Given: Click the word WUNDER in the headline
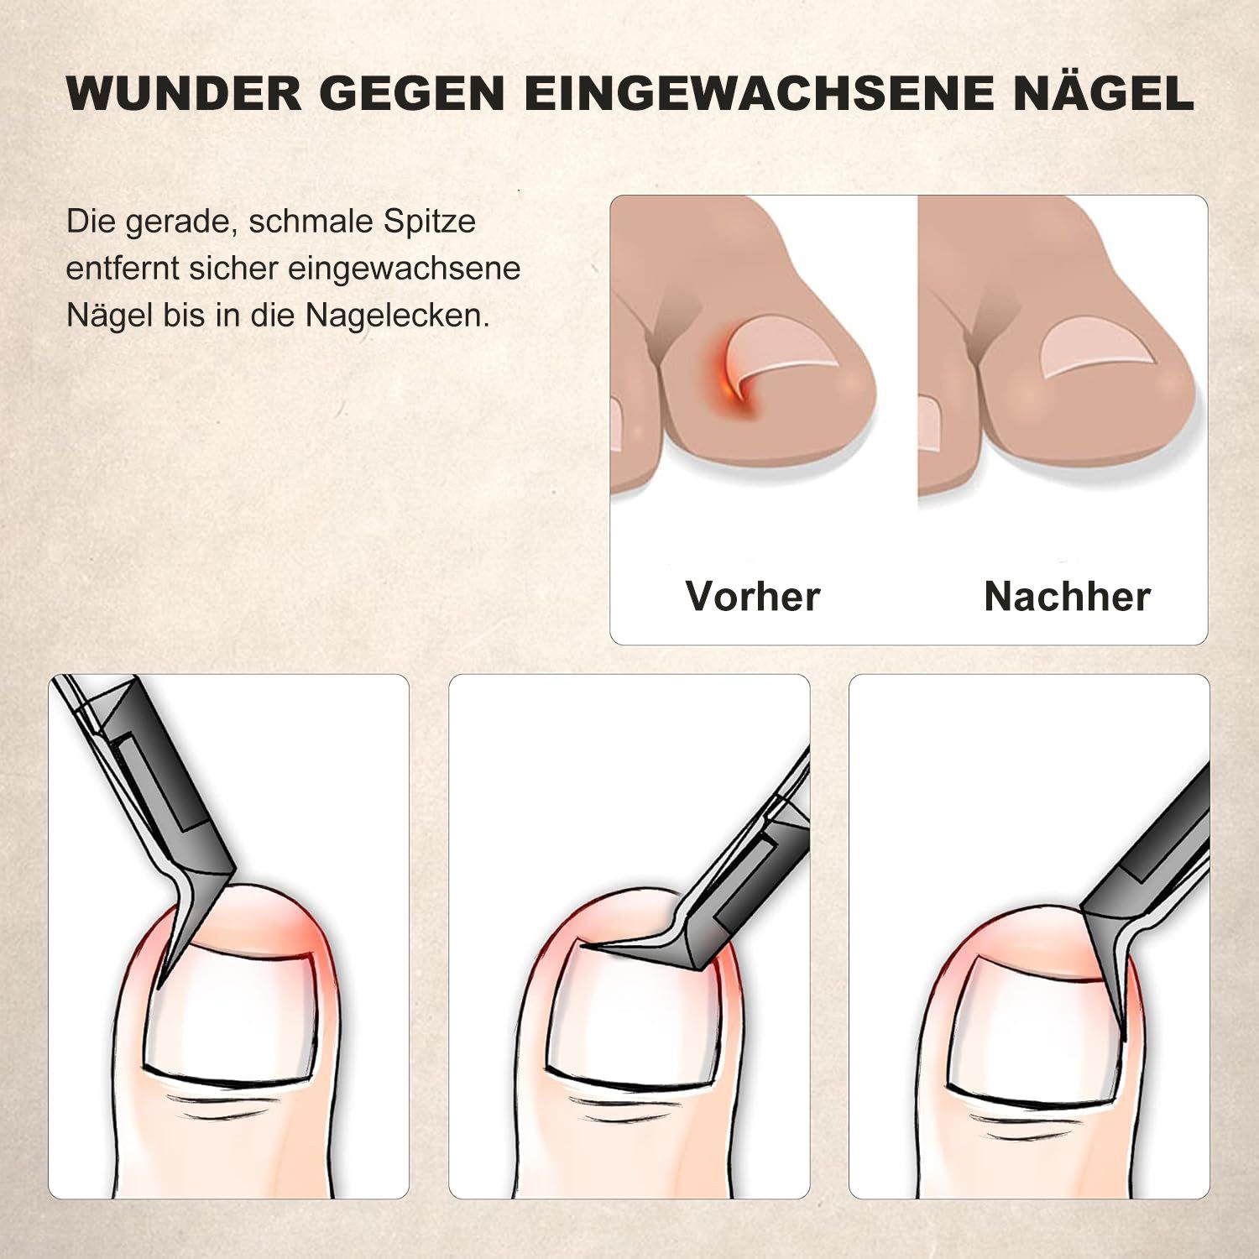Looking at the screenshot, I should click(x=184, y=92).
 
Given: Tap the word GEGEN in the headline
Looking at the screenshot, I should click(x=411, y=92).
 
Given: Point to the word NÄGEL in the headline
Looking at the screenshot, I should click(x=1103, y=92).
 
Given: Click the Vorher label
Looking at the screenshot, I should click(x=752, y=597).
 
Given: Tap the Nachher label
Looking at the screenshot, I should click(x=1067, y=597).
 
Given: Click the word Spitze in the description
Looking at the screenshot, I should click(x=430, y=222).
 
